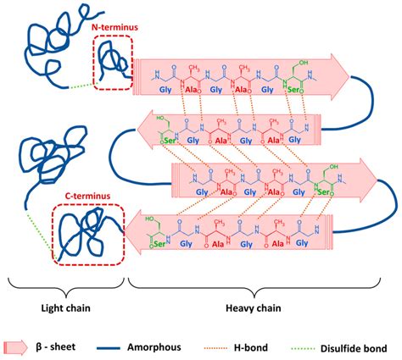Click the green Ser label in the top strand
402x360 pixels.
[294, 89]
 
